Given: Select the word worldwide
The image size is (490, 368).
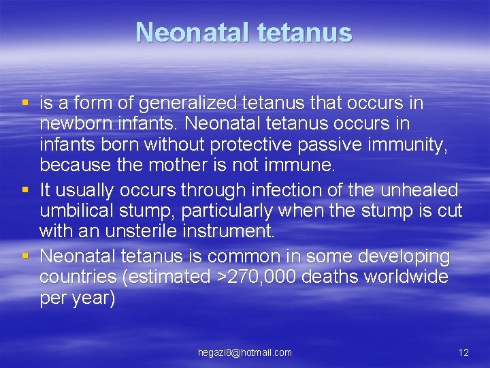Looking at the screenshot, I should click(x=404, y=277).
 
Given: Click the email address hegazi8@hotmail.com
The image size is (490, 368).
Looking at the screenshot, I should click(x=245, y=352).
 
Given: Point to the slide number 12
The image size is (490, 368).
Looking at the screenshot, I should click(x=463, y=352).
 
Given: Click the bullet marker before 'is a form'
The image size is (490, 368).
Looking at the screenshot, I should click(x=25, y=104).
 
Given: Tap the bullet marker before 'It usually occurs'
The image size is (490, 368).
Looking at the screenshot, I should click(x=25, y=189).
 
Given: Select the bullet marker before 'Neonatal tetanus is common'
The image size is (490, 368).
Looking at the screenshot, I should click(x=25, y=256).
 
